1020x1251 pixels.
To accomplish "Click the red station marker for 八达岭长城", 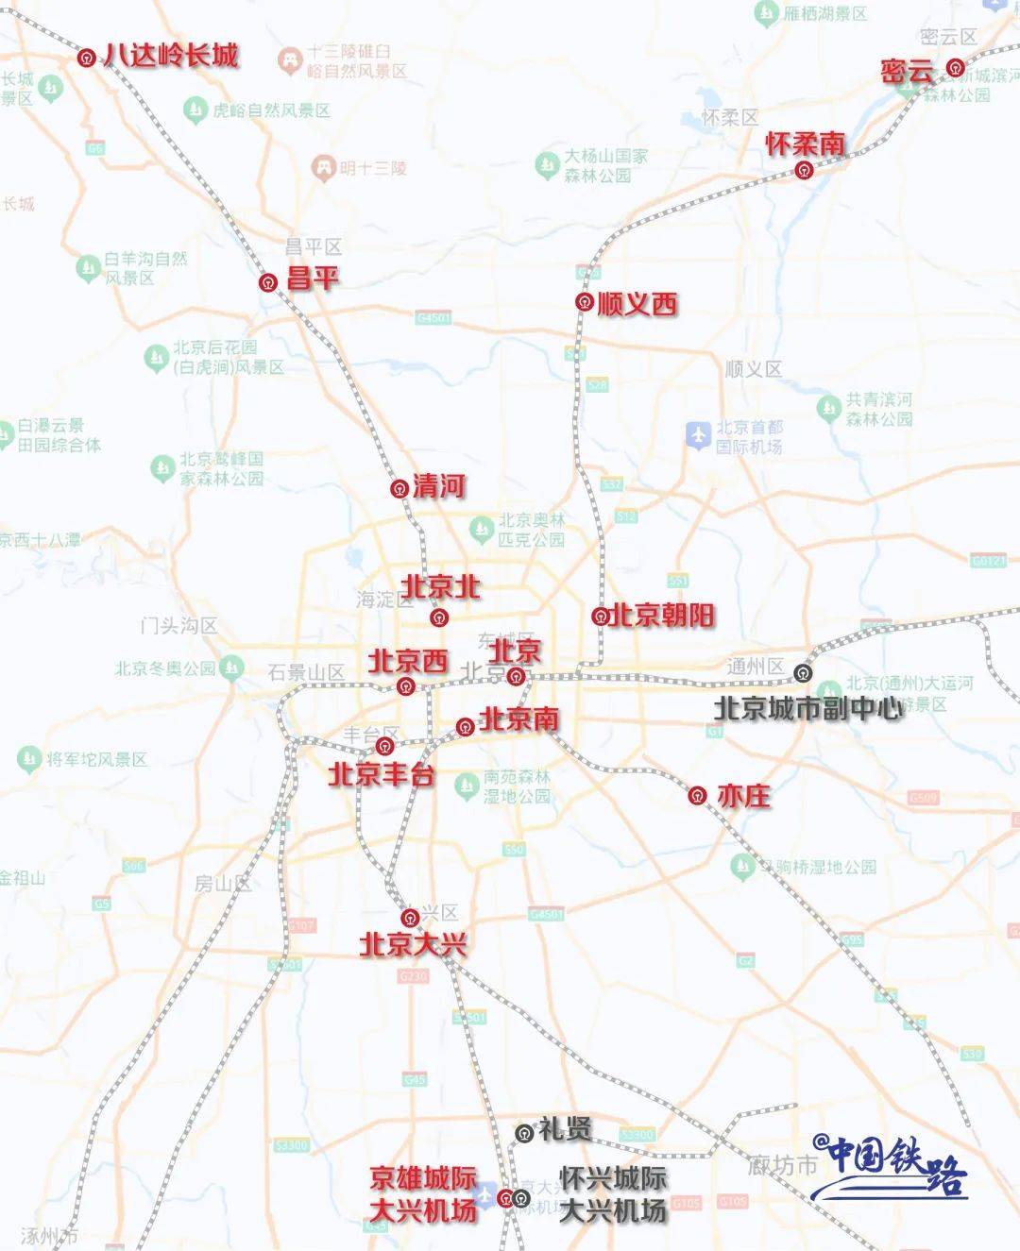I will point(87,58).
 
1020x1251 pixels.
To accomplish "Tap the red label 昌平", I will point(313,279).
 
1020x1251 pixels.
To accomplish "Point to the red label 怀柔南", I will point(805,144).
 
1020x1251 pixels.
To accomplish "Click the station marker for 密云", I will point(956,68).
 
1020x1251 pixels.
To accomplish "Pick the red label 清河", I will point(439,486).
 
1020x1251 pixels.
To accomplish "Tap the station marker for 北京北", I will point(438,617).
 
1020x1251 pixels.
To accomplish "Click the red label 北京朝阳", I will point(662,616).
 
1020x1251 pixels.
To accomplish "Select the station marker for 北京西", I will point(406,685).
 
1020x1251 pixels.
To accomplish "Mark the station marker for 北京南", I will point(465,727).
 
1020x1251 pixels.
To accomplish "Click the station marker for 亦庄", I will point(697,796).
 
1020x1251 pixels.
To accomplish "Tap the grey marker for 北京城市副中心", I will point(803,672).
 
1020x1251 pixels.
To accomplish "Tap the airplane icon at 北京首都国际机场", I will point(698,435).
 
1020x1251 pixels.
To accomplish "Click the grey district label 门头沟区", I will point(178,626).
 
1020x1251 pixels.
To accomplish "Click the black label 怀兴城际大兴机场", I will point(613,1194).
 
